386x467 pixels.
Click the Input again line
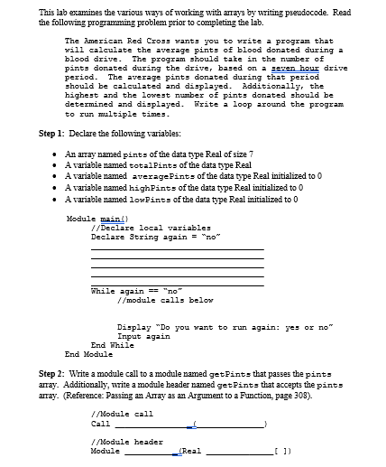(143, 335)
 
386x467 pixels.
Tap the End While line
(113, 344)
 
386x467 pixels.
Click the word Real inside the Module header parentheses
(191, 451)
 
